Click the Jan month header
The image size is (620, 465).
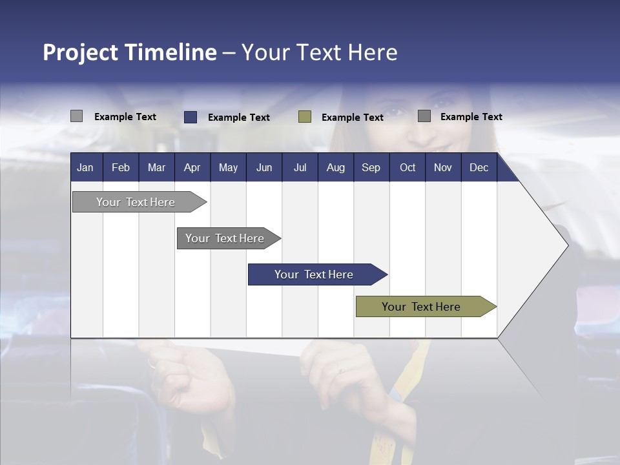[x=85, y=168]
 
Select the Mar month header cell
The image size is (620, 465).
[x=156, y=168]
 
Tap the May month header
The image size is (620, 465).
[x=228, y=168]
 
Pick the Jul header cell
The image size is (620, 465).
[x=300, y=168]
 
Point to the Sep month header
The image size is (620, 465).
[x=371, y=168]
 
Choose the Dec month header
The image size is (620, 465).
[x=479, y=168]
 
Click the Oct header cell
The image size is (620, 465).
[x=408, y=168]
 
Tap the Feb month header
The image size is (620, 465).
[x=121, y=168]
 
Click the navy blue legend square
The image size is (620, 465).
[x=191, y=117]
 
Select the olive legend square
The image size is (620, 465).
[x=305, y=117]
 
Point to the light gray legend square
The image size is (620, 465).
[x=76, y=116]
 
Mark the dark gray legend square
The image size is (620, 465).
[x=424, y=116]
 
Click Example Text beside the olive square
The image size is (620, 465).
[x=352, y=118]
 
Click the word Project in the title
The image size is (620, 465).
[x=81, y=52]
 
